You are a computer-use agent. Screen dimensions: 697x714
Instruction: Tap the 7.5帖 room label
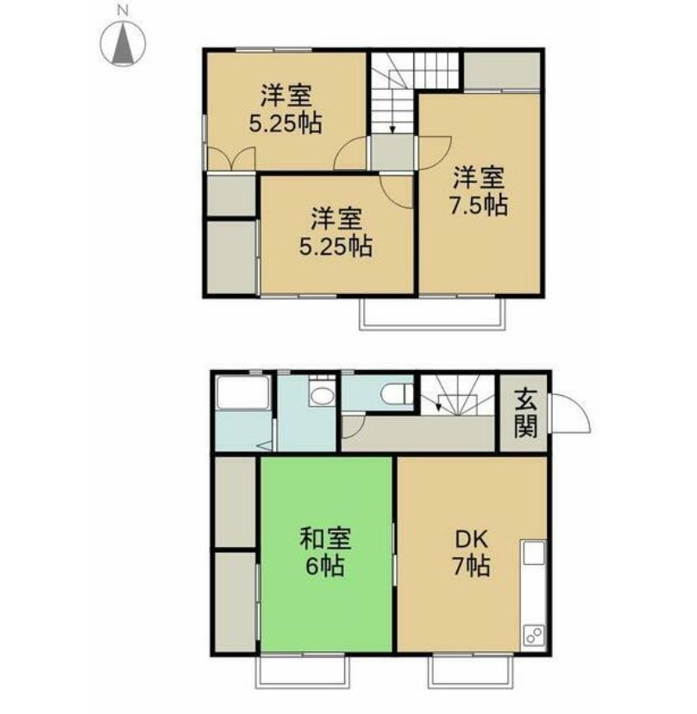[x=479, y=191]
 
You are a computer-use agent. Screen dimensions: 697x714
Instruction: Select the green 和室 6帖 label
[x=325, y=551]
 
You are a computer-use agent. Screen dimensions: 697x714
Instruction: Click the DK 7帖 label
[x=471, y=553]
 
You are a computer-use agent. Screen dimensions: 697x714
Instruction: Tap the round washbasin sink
[x=323, y=396]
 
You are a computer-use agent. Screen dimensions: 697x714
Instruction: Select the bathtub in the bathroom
[x=243, y=392]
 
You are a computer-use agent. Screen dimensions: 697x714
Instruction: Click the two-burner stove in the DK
[x=534, y=635]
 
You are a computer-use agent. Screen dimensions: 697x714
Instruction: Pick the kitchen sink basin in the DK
[x=534, y=553]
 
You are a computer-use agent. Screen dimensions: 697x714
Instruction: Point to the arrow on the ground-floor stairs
[x=439, y=403]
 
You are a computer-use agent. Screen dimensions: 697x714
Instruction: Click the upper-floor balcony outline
[x=432, y=327]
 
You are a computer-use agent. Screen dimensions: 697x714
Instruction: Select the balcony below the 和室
[x=303, y=686]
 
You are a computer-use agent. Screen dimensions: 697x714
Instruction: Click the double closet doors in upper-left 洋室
[x=231, y=160]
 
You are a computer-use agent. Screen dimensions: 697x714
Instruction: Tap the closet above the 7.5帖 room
[x=502, y=72]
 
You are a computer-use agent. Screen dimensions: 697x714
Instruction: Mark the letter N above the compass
[x=122, y=10]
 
